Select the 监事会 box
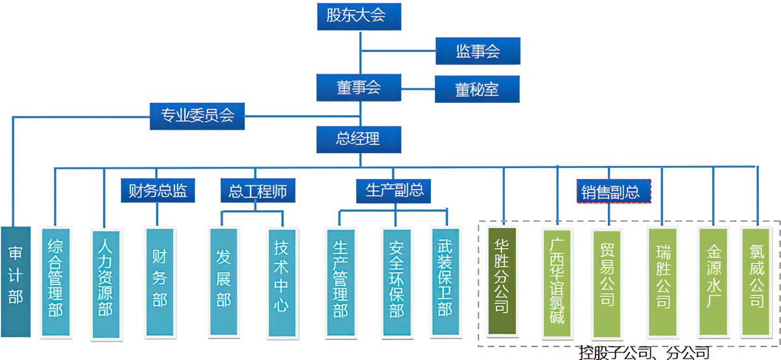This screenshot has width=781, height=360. click(x=478, y=51)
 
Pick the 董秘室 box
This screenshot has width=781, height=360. click(x=478, y=89)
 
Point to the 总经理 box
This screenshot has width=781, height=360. click(x=357, y=138)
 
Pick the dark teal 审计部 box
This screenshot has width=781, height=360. click(x=16, y=281)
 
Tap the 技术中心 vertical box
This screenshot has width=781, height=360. click(x=281, y=282)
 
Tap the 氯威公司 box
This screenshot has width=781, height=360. click(x=757, y=281)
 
